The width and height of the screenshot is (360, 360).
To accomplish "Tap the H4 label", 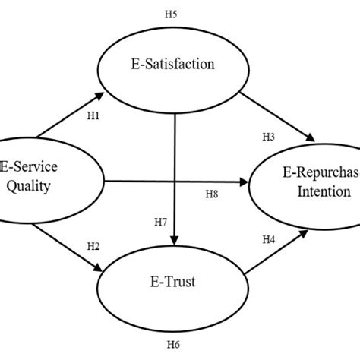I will (268, 240).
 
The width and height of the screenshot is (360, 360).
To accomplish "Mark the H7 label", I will (161, 222).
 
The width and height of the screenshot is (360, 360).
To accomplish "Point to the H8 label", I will (213, 195).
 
